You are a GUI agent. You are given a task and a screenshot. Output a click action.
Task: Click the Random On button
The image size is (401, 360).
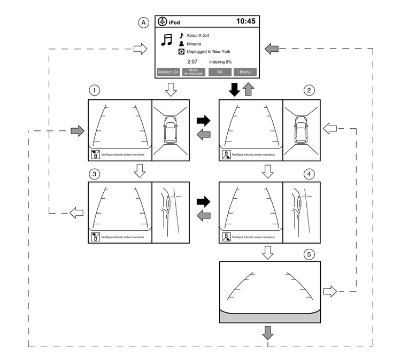point(168,72)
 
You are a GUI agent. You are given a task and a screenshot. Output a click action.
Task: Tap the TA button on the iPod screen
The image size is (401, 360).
point(220,72)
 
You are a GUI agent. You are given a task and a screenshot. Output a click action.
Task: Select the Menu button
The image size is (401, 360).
point(245,72)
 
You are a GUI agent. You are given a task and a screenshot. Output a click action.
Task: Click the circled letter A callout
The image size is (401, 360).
point(142,22)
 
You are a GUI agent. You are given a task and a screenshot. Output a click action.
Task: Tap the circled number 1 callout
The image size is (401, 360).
point(95,91)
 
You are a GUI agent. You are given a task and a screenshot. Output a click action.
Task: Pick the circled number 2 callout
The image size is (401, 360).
point(309,91)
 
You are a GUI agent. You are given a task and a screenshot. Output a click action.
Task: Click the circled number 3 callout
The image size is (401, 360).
point(95,174)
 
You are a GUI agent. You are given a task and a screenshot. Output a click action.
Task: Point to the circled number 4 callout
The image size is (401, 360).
point(309,174)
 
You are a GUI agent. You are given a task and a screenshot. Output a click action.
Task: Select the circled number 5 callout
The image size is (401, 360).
point(309,254)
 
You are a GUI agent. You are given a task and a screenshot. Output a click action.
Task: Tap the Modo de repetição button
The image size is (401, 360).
point(194,72)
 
